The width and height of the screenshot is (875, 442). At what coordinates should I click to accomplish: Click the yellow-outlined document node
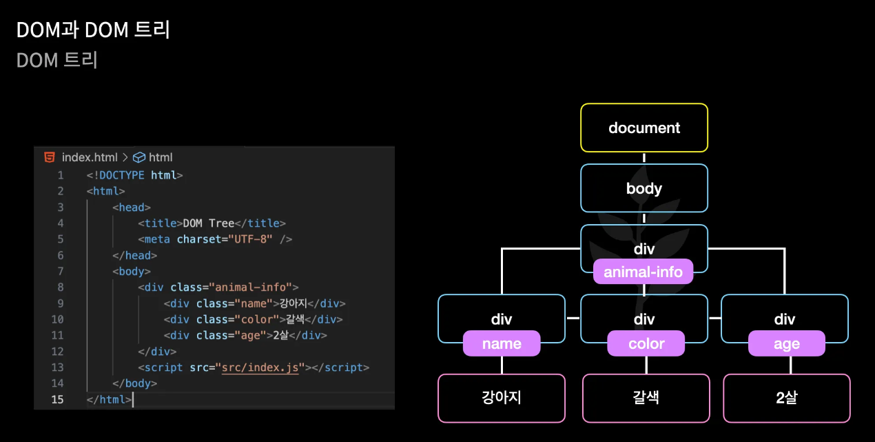click(644, 128)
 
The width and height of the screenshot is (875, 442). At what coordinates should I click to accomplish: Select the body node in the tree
click(644, 188)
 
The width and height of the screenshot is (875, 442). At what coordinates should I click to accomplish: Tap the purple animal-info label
click(643, 272)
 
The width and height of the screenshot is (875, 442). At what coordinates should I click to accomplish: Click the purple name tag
click(502, 343)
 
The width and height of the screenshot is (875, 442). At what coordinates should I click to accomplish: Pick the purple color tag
click(646, 343)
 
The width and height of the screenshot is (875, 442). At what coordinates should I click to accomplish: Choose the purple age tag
click(786, 343)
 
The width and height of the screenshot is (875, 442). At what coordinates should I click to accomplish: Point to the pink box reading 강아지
click(502, 398)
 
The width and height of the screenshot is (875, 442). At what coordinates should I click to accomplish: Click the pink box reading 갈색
click(646, 398)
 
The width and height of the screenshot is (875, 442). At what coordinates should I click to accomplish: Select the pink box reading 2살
click(786, 398)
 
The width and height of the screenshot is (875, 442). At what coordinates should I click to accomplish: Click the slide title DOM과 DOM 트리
click(93, 30)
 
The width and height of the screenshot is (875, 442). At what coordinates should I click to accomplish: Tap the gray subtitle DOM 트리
click(57, 60)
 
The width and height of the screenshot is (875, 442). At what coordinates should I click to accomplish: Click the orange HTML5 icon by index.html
click(50, 157)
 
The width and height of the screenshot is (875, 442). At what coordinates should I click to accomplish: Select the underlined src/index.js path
click(260, 368)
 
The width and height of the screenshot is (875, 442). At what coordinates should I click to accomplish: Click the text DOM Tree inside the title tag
click(209, 223)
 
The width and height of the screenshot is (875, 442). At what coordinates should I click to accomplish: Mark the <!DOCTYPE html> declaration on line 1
click(134, 175)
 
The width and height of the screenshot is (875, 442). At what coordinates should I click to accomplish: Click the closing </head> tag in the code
click(132, 255)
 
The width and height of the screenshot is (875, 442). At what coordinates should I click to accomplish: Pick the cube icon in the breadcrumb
click(139, 157)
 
